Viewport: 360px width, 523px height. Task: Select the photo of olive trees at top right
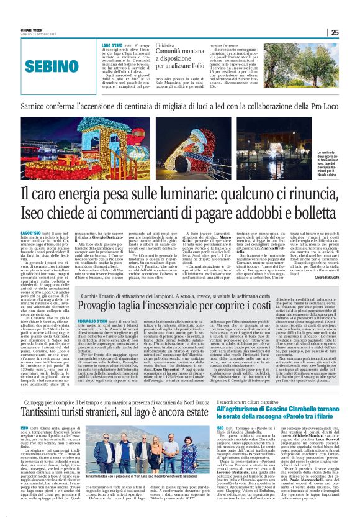click(312, 68)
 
